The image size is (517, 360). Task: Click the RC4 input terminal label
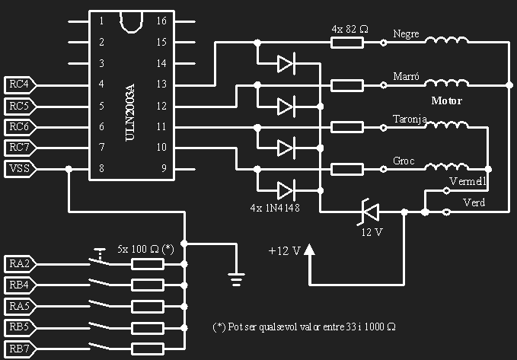click(x=19, y=84)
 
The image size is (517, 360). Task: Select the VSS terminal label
click(x=19, y=168)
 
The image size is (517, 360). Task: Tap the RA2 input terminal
click(x=19, y=264)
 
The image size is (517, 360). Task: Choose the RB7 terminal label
click(x=19, y=350)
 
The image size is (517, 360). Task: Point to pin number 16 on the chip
click(x=161, y=21)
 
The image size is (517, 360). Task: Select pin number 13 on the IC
click(x=161, y=84)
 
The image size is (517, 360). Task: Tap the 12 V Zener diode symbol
click(x=370, y=212)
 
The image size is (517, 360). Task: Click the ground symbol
click(x=238, y=280)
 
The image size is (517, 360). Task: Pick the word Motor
click(x=446, y=100)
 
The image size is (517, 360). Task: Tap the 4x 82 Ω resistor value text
click(x=350, y=29)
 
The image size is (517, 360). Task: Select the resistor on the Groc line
click(x=347, y=168)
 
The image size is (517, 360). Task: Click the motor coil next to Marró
click(x=446, y=83)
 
